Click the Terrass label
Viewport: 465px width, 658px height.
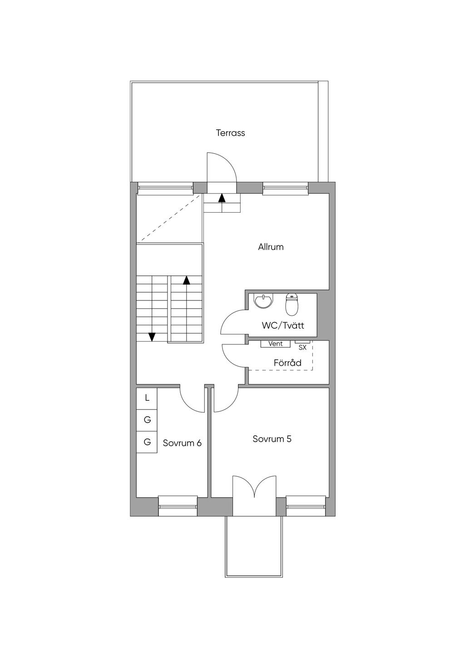pos(230,133)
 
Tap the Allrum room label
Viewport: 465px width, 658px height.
pos(271,247)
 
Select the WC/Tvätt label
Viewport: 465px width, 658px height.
pos(282,326)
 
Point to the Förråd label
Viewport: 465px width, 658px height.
pos(287,363)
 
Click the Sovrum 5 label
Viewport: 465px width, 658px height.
pos(272,439)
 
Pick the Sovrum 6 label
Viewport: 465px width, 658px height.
pos(182,443)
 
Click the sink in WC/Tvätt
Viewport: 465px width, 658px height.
pos(263,302)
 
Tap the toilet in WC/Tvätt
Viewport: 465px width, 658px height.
pos(292,304)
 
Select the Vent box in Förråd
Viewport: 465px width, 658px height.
pos(275,344)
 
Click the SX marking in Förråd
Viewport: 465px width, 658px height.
pos(302,347)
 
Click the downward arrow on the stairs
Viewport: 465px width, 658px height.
pos(152,337)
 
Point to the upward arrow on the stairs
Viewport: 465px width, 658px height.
pos(186,280)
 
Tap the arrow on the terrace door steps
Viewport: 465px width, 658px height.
pos(222,198)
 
